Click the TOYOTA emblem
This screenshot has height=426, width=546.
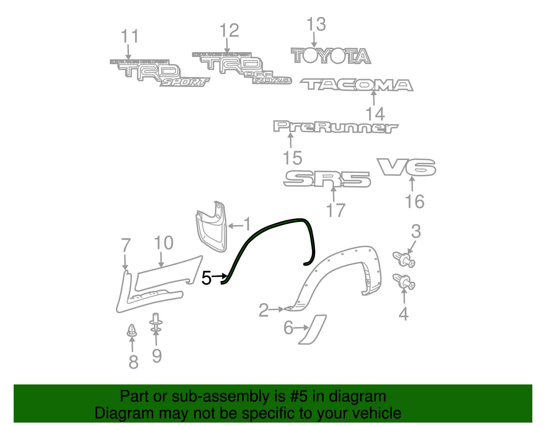(330, 56)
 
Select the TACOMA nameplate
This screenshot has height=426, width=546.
(356, 85)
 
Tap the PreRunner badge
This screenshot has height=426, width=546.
(335, 127)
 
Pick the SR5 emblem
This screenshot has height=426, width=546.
(327, 179)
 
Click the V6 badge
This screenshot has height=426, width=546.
(406, 167)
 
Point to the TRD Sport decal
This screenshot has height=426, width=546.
(160, 73)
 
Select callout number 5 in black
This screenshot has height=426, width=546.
(206, 278)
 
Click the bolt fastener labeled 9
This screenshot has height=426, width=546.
(156, 323)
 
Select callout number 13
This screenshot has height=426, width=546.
(316, 25)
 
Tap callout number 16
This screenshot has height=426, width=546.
(415, 202)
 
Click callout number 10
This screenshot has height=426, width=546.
(164, 243)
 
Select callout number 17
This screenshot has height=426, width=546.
(336, 210)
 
